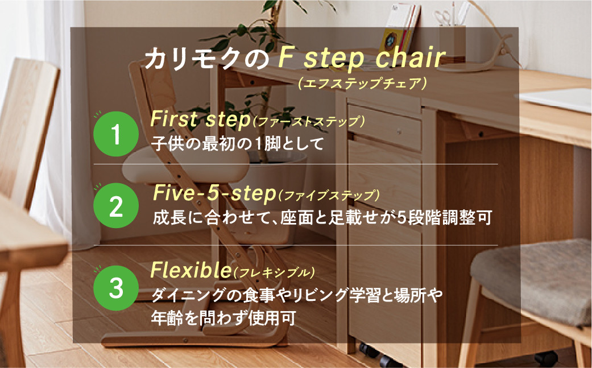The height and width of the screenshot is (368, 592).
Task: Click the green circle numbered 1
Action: click(x=116, y=134)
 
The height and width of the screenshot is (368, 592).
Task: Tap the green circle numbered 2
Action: click(x=116, y=206)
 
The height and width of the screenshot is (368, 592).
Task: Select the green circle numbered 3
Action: click(x=116, y=288)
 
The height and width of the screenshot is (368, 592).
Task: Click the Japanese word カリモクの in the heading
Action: click(x=206, y=59)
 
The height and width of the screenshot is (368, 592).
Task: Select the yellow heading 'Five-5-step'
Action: click(x=214, y=193)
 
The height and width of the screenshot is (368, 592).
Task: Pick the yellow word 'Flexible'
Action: click(x=191, y=270)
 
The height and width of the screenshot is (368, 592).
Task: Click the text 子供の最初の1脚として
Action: click(x=238, y=143)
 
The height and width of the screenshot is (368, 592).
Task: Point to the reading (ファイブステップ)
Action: click(x=329, y=195)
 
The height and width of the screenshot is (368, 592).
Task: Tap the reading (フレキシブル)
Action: click(x=274, y=272)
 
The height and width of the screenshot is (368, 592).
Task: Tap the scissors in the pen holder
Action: click(x=442, y=17)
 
